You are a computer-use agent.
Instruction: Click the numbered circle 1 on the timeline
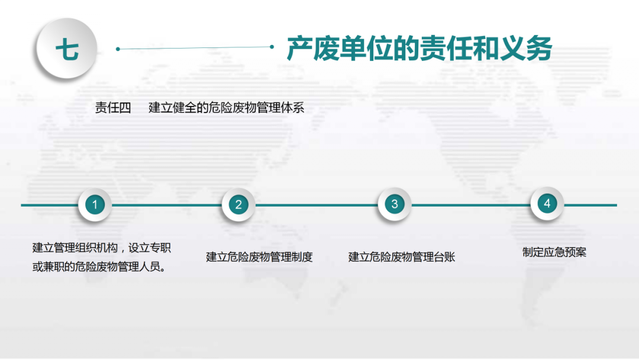(x=95, y=205)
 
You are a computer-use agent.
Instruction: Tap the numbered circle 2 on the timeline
(x=238, y=205)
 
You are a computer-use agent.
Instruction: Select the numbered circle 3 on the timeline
(x=395, y=204)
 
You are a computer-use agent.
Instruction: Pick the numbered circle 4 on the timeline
(x=547, y=204)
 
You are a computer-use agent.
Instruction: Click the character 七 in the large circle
(x=67, y=49)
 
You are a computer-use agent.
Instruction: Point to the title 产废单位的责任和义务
(x=419, y=49)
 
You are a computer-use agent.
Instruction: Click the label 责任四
(x=113, y=108)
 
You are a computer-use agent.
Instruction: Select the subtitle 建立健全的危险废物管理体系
(x=226, y=108)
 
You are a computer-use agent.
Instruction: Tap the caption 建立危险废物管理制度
(x=259, y=257)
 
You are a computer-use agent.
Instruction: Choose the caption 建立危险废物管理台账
(x=401, y=257)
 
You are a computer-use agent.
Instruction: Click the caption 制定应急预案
(x=554, y=252)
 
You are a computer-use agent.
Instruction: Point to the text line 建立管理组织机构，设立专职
(x=102, y=248)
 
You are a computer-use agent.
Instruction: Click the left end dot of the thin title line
(x=118, y=49)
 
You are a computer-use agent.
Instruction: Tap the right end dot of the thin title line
(x=272, y=47)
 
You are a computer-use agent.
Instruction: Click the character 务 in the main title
(x=540, y=49)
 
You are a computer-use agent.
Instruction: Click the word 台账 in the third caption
(x=444, y=257)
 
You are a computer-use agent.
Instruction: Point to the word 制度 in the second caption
(x=302, y=257)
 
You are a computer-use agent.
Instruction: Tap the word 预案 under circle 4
(x=576, y=252)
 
